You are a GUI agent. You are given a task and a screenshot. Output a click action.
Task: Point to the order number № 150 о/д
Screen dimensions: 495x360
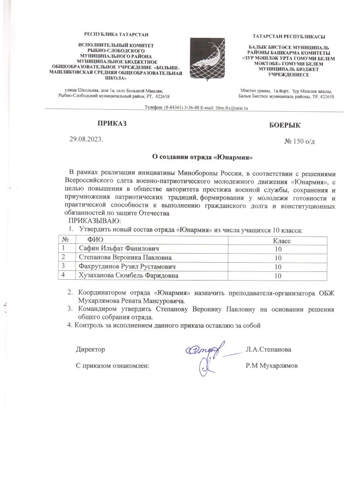(301, 141)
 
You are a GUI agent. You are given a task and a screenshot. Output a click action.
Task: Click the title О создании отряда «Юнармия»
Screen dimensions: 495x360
(200, 157)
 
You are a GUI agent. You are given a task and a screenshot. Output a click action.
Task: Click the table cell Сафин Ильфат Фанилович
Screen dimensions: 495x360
(118, 249)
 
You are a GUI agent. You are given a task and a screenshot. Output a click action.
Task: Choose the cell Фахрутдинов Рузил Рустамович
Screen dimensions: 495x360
(124, 267)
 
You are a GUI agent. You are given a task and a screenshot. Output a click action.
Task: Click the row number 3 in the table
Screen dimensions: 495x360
(64, 266)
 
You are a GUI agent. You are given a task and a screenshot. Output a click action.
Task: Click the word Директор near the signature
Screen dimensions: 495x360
(90, 349)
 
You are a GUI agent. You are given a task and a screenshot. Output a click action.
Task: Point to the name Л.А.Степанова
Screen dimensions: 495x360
(268, 349)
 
